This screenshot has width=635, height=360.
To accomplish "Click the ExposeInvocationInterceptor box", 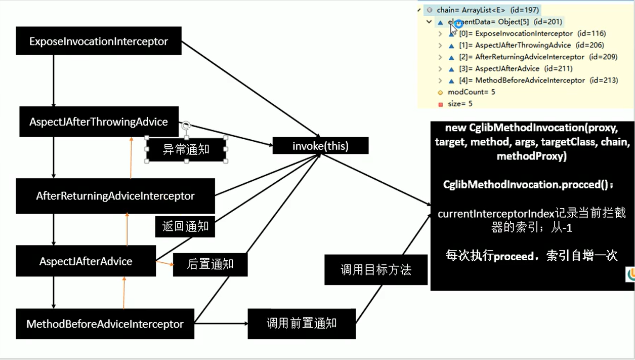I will pos(99,41).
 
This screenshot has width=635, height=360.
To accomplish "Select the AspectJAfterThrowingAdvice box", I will pos(99,122).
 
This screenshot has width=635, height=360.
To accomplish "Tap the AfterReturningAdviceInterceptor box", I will pos(115,196).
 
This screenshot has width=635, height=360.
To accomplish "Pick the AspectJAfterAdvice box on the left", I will pos(86,261).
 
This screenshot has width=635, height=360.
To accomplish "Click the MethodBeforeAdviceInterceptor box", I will pos(105,324).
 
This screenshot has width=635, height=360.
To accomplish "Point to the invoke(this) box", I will pos(320,146).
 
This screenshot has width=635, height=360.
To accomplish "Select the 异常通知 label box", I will pos(186,150).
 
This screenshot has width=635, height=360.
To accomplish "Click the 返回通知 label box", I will pos(185,226).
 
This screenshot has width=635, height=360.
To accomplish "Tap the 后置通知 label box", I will pos(210,264).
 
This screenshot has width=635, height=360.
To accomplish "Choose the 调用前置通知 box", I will pos(302,324).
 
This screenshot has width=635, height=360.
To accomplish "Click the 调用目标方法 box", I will pos(376,270).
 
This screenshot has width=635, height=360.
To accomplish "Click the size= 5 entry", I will pos(460,104).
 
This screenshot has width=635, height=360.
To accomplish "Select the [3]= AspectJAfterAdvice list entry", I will pos(507,68).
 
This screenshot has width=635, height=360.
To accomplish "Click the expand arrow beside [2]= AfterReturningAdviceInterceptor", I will pos(440,57).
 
